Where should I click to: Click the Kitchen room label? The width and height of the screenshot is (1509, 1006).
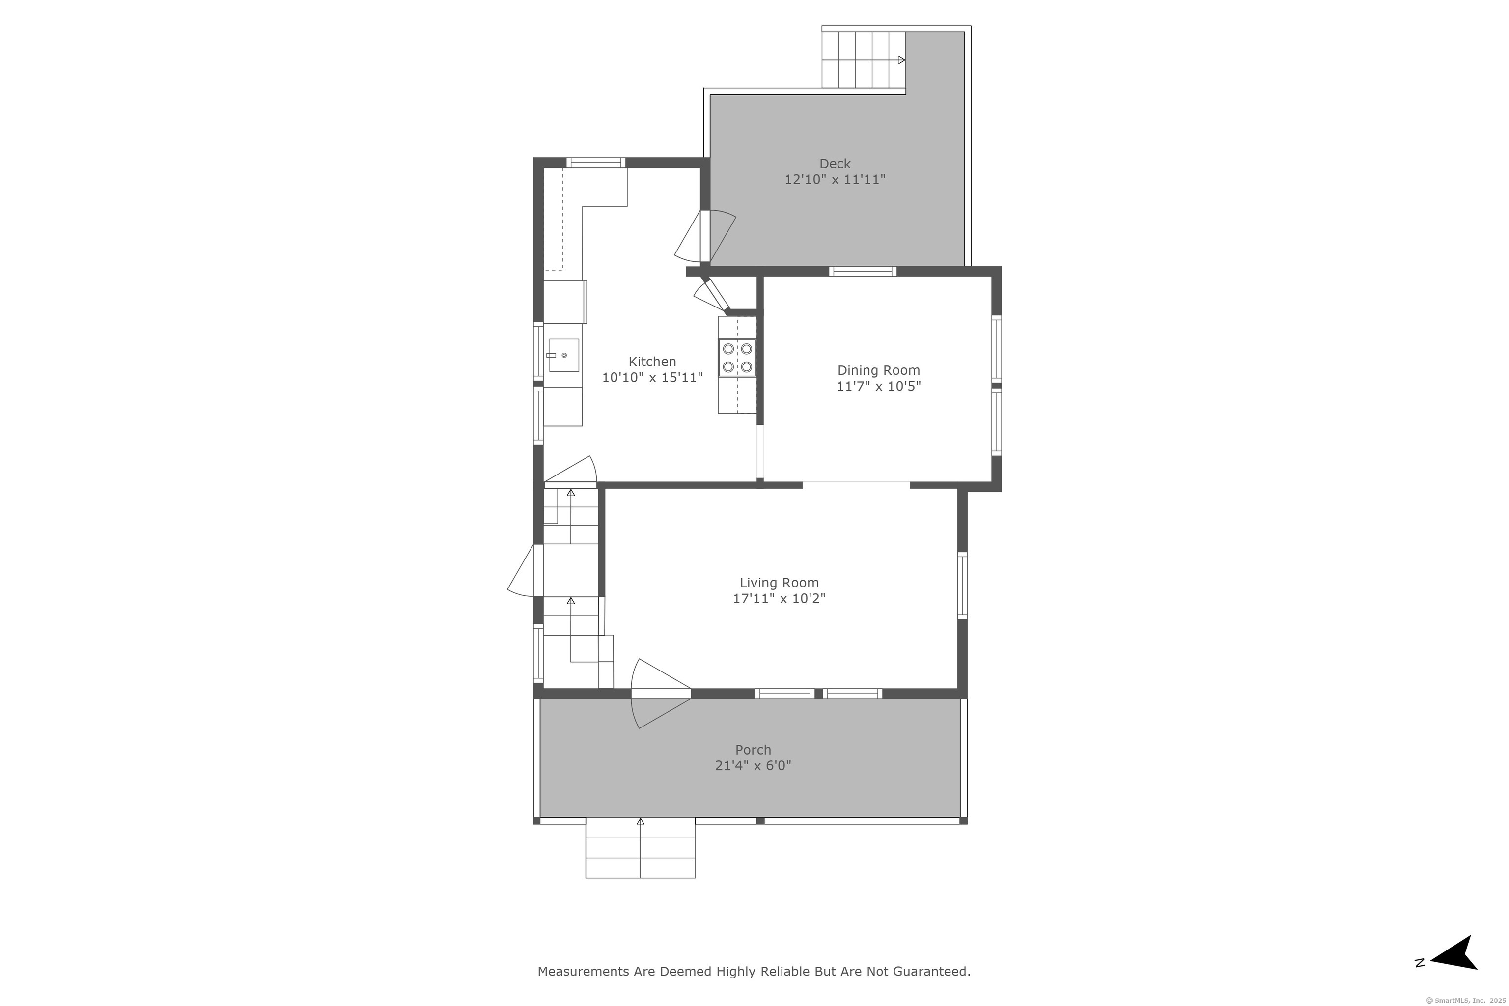pyautogui.click(x=652, y=362)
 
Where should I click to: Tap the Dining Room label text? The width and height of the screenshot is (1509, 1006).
pyautogui.click(x=878, y=371)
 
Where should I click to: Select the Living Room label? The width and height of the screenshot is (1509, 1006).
pyautogui.click(x=779, y=583)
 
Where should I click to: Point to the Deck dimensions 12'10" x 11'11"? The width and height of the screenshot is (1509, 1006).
pyautogui.click(x=835, y=180)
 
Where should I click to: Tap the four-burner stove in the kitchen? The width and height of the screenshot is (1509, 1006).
pyautogui.click(x=737, y=358)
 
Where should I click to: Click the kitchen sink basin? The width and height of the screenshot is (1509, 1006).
pyautogui.click(x=564, y=356)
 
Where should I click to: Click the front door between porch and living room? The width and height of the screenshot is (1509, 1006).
pyautogui.click(x=661, y=694)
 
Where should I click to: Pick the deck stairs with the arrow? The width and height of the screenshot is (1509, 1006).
pyautogui.click(x=864, y=59)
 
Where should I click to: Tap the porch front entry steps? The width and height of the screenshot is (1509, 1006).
pyautogui.click(x=641, y=847)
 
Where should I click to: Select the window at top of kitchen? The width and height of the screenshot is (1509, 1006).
pyautogui.click(x=595, y=162)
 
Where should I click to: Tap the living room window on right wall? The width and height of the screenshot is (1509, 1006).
pyautogui.click(x=962, y=586)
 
